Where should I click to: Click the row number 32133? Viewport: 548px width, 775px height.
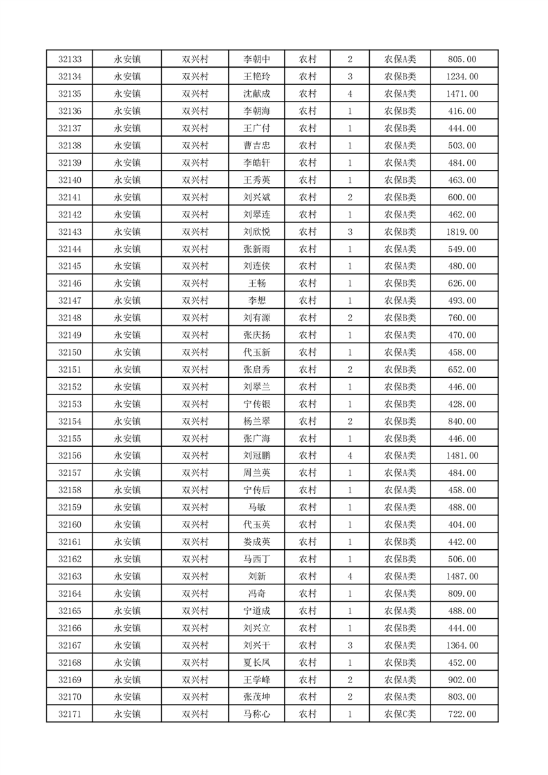70,59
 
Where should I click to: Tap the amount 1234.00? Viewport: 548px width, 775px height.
462,77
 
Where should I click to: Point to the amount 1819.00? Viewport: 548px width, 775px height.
462,231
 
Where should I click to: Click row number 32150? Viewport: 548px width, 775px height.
70,352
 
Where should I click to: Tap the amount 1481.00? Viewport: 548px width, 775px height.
462,456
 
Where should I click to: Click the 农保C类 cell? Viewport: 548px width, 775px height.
400,714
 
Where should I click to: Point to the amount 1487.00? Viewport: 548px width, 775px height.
462,576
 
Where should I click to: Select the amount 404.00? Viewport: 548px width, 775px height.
462,524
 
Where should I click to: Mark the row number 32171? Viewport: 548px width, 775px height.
70,714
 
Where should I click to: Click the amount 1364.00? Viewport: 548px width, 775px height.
462,645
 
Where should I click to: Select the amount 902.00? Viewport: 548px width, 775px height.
462,680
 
